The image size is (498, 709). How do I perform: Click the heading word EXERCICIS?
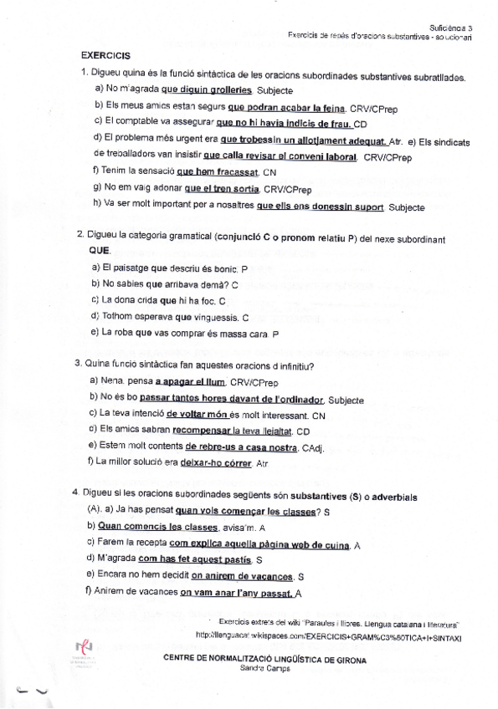(x=105, y=56)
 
